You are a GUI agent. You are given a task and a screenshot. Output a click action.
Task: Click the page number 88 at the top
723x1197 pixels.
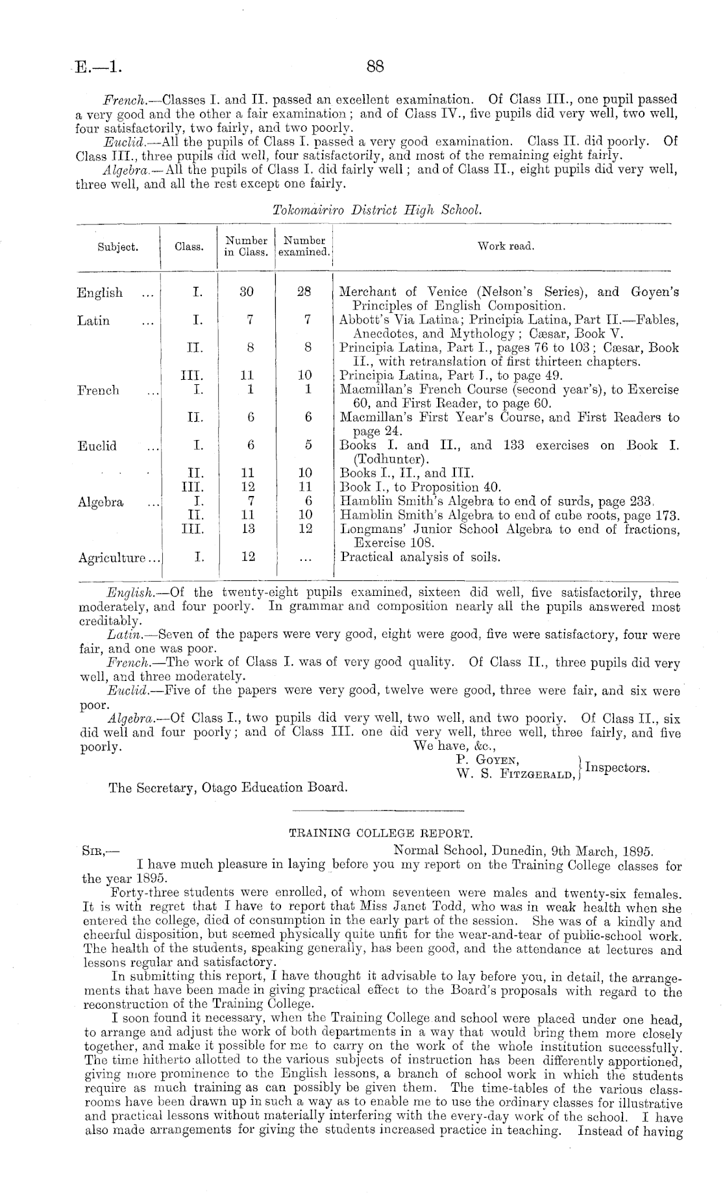[376, 66]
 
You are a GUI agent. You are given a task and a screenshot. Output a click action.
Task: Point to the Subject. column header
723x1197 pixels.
[117, 247]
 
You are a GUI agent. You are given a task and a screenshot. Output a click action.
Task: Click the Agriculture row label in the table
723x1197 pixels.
[119, 558]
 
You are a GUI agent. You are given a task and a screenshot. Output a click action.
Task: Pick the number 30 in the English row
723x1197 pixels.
[247, 292]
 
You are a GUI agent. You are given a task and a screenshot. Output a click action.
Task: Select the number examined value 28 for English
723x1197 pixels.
[304, 292]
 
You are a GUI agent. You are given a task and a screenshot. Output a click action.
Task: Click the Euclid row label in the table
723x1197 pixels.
[97, 446]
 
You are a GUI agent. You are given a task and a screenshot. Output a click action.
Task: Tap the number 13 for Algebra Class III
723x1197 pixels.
[247, 529]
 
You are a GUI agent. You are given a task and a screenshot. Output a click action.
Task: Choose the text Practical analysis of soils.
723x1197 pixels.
[420, 557]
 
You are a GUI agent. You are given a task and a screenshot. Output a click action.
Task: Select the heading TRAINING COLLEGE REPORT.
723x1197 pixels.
[378, 833]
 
